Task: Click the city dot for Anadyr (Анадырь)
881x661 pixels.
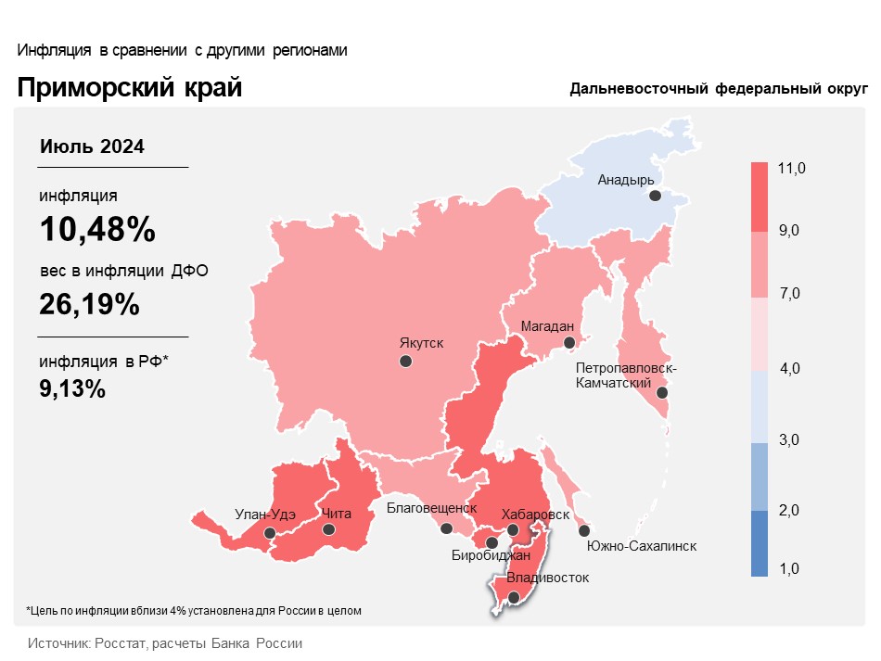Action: coord(655,196)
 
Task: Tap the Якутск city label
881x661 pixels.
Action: coord(421,343)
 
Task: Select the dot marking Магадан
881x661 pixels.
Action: coord(570,343)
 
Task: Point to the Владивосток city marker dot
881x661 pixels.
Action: coord(514,599)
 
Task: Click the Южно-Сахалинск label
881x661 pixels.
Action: coord(642,546)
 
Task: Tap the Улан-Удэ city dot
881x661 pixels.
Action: coord(269,533)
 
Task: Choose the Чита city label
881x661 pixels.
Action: coord(336,514)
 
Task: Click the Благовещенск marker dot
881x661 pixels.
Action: coord(447,529)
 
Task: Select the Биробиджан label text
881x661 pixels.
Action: coord(491,555)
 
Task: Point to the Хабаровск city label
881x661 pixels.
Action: coord(535,514)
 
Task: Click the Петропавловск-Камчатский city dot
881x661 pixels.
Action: coord(662,393)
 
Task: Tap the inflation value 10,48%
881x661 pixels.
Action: coord(96,229)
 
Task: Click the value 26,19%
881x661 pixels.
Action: coord(89,303)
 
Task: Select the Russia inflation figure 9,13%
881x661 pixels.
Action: coord(72,388)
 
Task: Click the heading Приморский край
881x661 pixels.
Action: coord(129,88)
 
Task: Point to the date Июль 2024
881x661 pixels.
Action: coord(92,146)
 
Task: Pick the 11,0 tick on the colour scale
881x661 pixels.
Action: coord(792,168)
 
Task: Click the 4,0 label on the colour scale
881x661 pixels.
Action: coord(790,369)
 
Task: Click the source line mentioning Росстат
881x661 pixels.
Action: coord(165,642)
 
